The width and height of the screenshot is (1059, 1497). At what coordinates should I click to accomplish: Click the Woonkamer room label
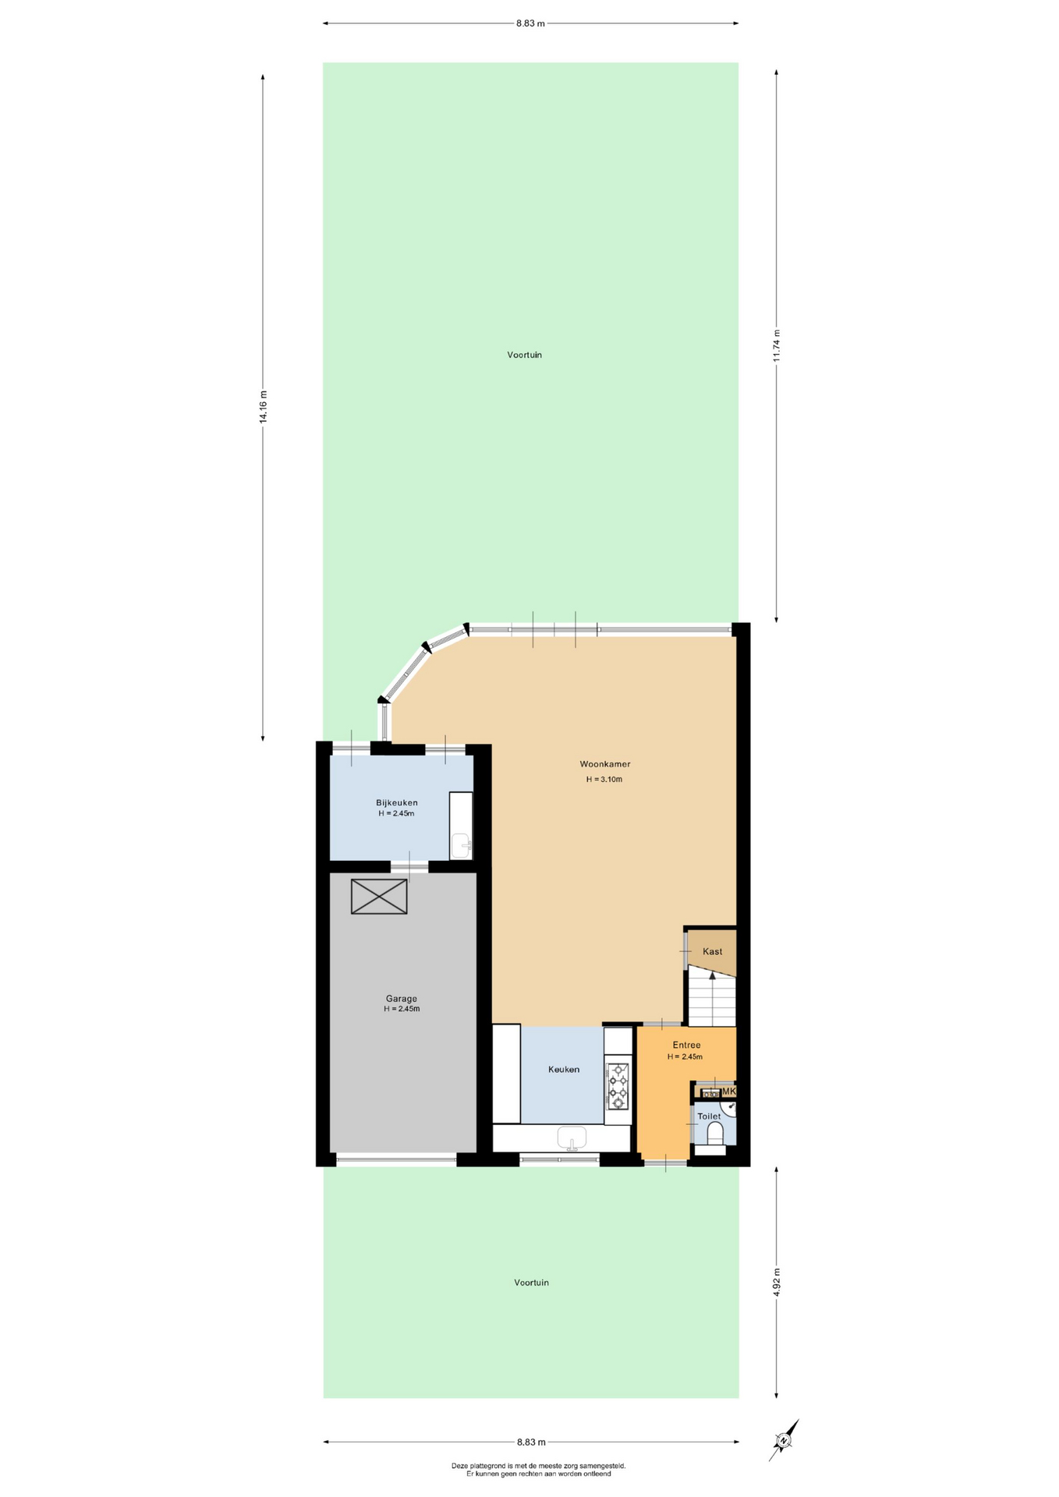coord(604,764)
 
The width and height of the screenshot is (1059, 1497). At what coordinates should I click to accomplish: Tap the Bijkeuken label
coord(397,802)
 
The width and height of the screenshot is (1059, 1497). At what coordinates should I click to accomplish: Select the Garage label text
coord(402,999)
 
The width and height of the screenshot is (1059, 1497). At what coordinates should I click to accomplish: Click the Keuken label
coord(564,1069)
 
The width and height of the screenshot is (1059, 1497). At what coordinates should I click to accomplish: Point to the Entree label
coord(687,1045)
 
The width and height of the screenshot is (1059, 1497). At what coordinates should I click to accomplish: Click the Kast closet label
coord(713,951)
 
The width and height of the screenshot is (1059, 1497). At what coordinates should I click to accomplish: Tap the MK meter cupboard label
coord(729,1092)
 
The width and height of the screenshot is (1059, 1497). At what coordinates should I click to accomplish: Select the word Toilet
coord(709,1117)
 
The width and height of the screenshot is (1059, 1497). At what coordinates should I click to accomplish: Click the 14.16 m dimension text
coord(264,406)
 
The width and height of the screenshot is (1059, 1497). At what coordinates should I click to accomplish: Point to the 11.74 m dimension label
coord(776,345)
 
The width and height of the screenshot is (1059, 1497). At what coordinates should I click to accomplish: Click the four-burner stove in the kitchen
coord(618,1085)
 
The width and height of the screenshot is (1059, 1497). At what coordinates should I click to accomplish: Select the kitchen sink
coord(572,1138)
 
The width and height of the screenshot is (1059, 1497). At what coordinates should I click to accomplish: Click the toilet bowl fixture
coord(714,1132)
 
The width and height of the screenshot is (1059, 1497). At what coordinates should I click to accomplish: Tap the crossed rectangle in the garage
coord(379,897)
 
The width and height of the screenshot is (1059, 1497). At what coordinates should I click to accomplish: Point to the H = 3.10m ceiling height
coord(604,779)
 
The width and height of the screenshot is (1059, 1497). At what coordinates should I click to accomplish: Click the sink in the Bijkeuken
coord(462,845)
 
